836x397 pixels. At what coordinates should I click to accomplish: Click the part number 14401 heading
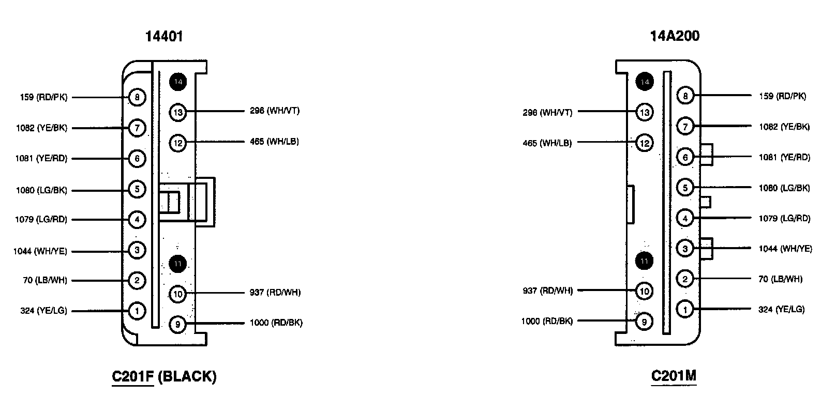pyautogui.click(x=163, y=36)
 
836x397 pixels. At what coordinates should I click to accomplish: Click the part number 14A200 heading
pyautogui.click(x=675, y=36)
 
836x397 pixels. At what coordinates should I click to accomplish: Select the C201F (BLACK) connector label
pyautogui.click(x=164, y=376)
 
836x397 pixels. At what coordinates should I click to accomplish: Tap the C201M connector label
pyautogui.click(x=674, y=376)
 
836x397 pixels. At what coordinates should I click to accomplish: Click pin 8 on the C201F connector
pyautogui.click(x=137, y=97)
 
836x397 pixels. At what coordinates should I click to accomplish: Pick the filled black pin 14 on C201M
pyautogui.click(x=644, y=82)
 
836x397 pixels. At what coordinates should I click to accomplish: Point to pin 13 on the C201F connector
pyautogui.click(x=178, y=112)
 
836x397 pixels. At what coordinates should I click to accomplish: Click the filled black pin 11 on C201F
pyautogui.click(x=178, y=264)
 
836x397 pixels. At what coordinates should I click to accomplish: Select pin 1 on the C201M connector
pyautogui.click(x=685, y=310)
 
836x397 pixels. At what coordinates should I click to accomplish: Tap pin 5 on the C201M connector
pyautogui.click(x=685, y=188)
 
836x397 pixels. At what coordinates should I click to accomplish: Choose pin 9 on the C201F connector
pyautogui.click(x=178, y=324)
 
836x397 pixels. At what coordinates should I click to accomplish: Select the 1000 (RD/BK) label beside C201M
pyautogui.click(x=547, y=322)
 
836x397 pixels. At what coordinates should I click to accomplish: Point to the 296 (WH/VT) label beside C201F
pyautogui.click(x=274, y=111)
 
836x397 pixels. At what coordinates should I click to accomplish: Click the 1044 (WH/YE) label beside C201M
pyautogui.click(x=785, y=249)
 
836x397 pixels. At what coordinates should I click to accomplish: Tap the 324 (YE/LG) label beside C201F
pyautogui.click(x=44, y=311)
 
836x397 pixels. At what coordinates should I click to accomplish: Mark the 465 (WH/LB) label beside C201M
pyautogui.click(x=547, y=143)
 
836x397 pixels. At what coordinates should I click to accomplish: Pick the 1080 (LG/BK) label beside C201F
pyautogui.click(x=41, y=190)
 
